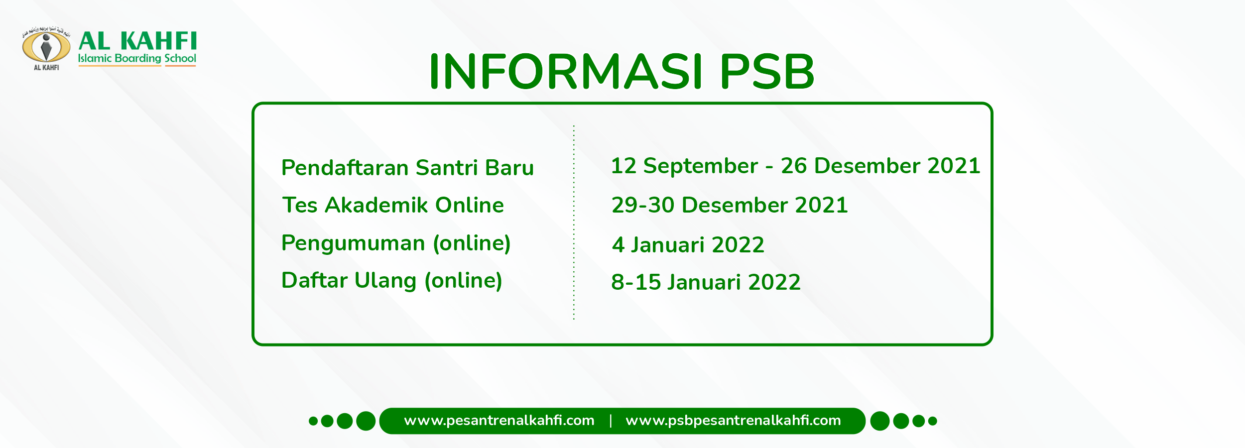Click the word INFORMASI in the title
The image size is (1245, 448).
566,72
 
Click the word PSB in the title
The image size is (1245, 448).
767,72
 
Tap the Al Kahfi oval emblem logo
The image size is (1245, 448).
46,47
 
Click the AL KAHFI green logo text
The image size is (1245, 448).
138,41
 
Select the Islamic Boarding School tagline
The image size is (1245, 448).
137,58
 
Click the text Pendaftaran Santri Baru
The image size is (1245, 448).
407,168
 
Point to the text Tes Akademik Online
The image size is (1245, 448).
393,205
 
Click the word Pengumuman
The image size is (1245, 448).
354,243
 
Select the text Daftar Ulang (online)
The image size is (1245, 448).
391,280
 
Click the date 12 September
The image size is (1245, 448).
684,166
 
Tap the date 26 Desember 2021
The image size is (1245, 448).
880,166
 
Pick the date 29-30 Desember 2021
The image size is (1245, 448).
730,205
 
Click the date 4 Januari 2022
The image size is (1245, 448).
688,245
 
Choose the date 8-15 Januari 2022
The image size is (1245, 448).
706,282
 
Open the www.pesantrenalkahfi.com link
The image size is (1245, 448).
499,421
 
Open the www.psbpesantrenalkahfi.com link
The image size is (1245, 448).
733,421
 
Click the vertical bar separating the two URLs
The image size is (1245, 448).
611,421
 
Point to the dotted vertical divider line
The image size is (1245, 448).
574,224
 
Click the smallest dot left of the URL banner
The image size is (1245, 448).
313,421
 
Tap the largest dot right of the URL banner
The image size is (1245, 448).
880,421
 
